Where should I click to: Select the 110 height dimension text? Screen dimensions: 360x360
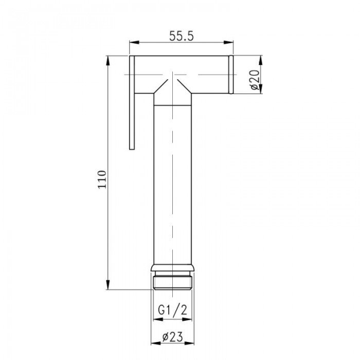(x=102, y=178)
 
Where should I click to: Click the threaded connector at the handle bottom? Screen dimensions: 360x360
(x=173, y=281)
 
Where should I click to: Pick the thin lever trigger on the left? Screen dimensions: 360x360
(x=132, y=103)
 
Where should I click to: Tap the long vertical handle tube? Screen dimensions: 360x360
(x=173, y=180)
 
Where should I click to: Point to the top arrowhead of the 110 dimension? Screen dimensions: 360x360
(x=109, y=59)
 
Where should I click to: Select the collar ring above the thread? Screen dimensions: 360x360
(x=173, y=268)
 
